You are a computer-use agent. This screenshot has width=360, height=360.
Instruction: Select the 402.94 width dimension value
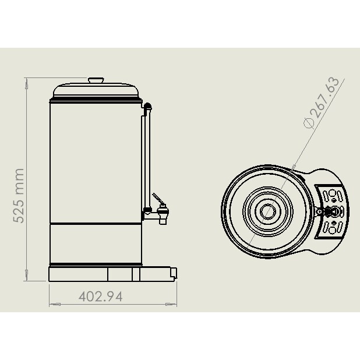[x=100, y=296]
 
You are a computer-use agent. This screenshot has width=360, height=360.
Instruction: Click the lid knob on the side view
[x=96, y=80]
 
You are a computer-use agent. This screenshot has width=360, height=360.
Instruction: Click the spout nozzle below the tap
[x=163, y=219]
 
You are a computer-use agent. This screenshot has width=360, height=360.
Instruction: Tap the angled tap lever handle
[x=157, y=199]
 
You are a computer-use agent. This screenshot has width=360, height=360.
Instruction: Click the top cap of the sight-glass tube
[x=148, y=107]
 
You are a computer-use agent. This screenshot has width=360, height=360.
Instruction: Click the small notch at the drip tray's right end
[x=172, y=271]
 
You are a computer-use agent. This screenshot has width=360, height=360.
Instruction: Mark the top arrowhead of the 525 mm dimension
[x=27, y=82]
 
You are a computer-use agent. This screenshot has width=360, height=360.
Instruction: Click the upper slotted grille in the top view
[x=331, y=195]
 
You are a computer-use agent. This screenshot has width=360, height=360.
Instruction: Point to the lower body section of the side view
[x=96, y=244]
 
